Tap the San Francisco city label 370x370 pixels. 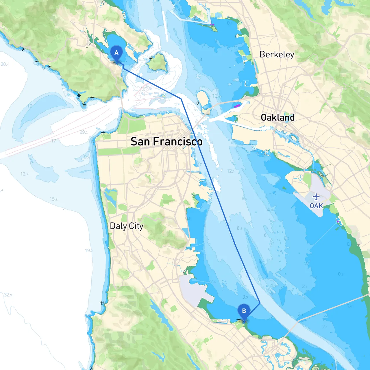point(166,142)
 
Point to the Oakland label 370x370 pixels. point(277,117)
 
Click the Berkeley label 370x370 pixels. point(277,54)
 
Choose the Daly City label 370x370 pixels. point(126,226)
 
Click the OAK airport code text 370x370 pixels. point(316,206)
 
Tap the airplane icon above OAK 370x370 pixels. point(316,197)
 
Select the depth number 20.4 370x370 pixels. point(5,64)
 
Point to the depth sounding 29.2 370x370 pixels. point(84,132)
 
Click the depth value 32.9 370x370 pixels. point(8,295)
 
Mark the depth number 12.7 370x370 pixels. point(24,174)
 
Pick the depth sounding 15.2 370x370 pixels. point(53,199)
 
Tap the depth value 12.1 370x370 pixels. point(231,171)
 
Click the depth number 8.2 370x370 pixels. point(240,228)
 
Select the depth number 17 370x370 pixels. point(53,141)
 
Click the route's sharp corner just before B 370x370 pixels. point(260,303)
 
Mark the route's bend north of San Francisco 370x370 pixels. point(181,99)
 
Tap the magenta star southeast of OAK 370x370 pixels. point(338,221)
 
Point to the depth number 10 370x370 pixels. point(30,106)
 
